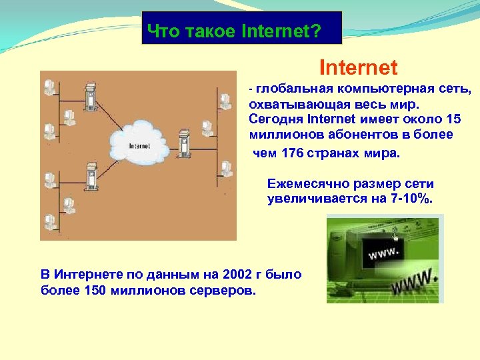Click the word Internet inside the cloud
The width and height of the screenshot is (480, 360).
[x=139, y=145]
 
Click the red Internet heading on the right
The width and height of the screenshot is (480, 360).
[x=359, y=67]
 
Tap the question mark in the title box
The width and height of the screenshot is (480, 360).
[x=316, y=31]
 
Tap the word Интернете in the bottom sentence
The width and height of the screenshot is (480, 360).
[x=80, y=274]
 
